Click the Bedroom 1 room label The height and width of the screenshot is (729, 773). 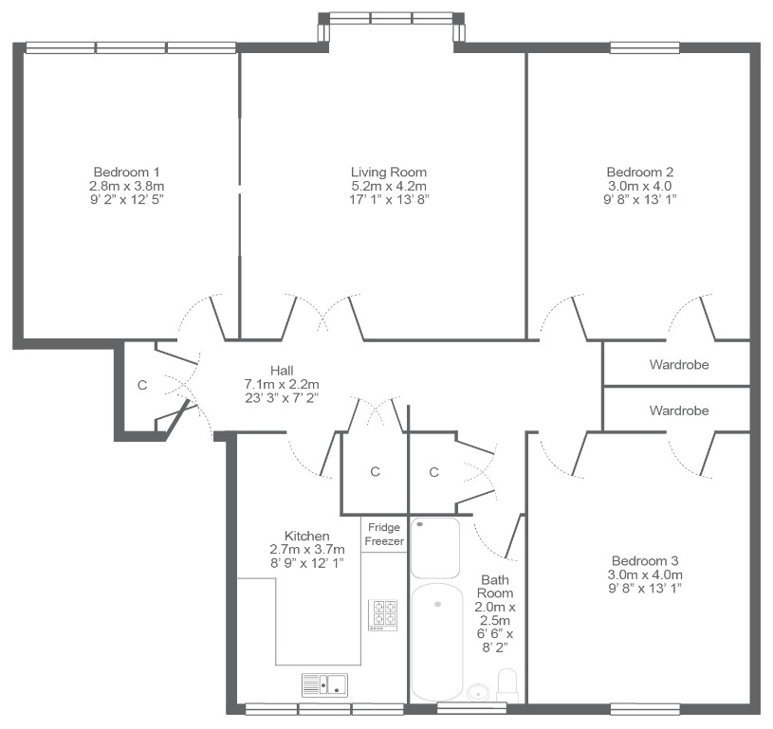(x=127, y=172)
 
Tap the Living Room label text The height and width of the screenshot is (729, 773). (x=389, y=172)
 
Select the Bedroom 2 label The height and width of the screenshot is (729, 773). (x=639, y=172)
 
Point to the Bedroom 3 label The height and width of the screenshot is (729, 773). (x=645, y=560)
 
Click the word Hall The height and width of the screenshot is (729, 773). (x=282, y=370)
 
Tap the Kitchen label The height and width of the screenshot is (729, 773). (x=306, y=536)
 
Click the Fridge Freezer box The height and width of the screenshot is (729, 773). (x=384, y=535)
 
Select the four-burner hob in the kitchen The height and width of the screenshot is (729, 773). (x=383, y=614)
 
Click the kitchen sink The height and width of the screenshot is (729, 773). (x=324, y=685)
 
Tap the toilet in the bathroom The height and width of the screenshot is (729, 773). (x=507, y=685)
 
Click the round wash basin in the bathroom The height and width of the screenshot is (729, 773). (x=478, y=692)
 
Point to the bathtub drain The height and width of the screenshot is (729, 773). (x=437, y=604)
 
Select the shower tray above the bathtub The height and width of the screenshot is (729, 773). (x=435, y=548)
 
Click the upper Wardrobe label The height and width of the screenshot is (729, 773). (x=679, y=365)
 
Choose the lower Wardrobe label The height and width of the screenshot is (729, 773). (x=679, y=410)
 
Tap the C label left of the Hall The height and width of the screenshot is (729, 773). (x=142, y=385)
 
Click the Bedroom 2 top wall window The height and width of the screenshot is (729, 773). (x=645, y=47)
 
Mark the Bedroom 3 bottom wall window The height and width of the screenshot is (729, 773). (x=645, y=709)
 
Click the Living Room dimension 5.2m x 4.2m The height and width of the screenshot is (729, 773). (x=389, y=186)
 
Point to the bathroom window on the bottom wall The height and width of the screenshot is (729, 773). (x=471, y=709)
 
